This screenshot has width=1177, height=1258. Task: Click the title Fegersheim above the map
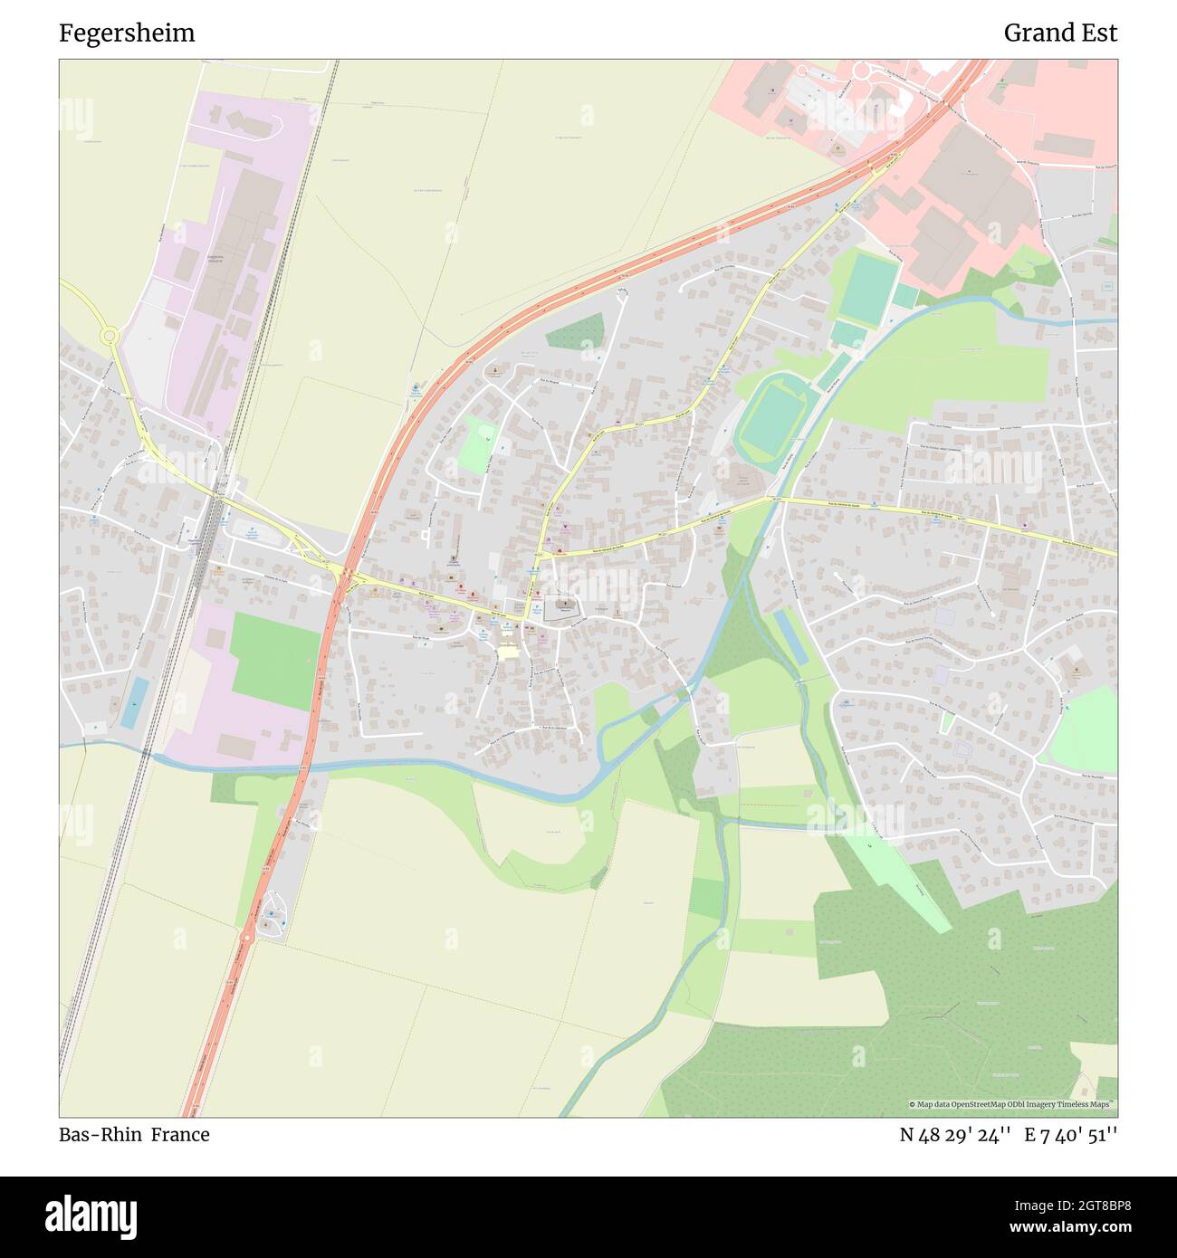127,33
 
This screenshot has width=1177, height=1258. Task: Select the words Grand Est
1060,33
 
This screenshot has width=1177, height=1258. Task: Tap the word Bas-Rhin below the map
98,1135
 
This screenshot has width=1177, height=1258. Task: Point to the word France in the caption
180,1135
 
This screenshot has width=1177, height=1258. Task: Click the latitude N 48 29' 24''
955,1135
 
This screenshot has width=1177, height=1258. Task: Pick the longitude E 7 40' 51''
1071,1135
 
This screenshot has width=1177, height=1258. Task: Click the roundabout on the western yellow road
110,336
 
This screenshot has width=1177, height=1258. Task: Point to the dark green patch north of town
575,332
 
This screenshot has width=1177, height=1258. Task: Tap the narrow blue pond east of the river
789,636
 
